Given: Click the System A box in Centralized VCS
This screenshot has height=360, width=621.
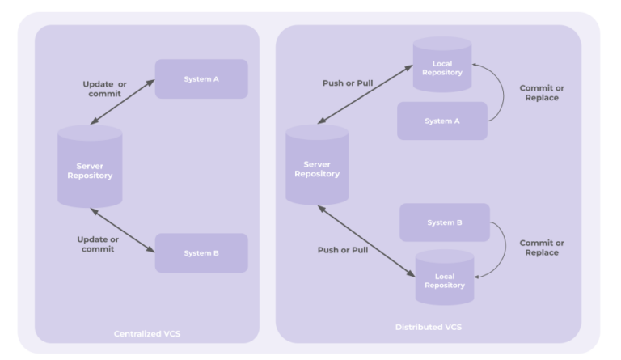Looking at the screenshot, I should coord(201,78).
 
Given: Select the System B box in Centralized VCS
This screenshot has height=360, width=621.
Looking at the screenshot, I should coord(201,252).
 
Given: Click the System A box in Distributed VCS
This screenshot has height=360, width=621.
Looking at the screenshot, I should coord(441,121).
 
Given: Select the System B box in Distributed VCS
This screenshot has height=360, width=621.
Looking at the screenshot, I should coord(445,222).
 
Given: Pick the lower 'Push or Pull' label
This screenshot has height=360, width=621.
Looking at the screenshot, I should coord(342,250).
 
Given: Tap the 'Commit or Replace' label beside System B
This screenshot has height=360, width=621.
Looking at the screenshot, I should coord(542,248).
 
